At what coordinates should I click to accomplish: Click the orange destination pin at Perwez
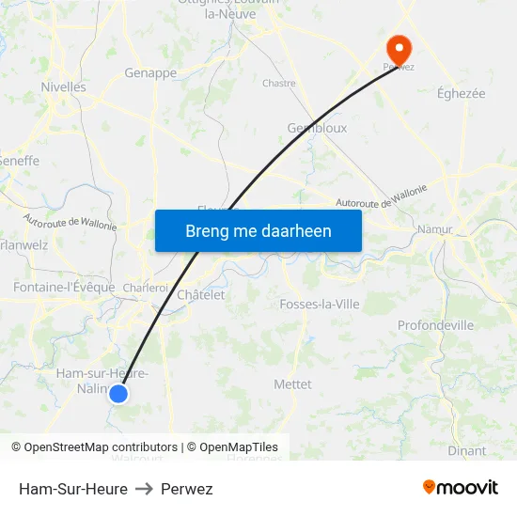point(399,48)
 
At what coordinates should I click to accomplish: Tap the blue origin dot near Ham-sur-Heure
point(118,394)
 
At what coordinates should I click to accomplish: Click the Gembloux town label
point(317,128)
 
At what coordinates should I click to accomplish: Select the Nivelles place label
point(63,86)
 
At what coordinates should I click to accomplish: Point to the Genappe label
point(150,72)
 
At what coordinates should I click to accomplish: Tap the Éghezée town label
point(462,93)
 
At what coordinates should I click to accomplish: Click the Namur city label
point(435,227)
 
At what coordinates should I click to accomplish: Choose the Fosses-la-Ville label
point(320,304)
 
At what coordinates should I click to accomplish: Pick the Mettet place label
point(292,384)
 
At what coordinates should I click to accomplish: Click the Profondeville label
point(435,325)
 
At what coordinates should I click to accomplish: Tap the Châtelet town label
point(201,294)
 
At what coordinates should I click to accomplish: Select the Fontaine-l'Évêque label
point(64,287)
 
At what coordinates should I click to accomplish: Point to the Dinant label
point(467,450)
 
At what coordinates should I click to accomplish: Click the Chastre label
point(279,83)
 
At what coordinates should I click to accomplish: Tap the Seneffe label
point(21,161)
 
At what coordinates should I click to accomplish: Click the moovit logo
point(461,488)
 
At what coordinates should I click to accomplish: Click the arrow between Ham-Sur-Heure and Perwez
point(144,489)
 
